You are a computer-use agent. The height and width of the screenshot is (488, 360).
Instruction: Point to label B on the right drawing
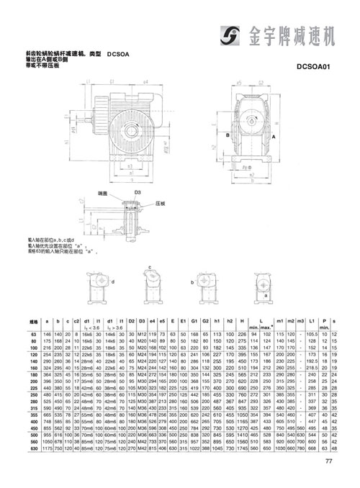click(227, 135)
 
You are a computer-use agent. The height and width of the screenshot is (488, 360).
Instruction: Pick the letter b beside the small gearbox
click(192, 283)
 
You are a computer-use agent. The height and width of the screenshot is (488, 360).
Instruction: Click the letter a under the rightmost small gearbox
click(266, 295)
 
